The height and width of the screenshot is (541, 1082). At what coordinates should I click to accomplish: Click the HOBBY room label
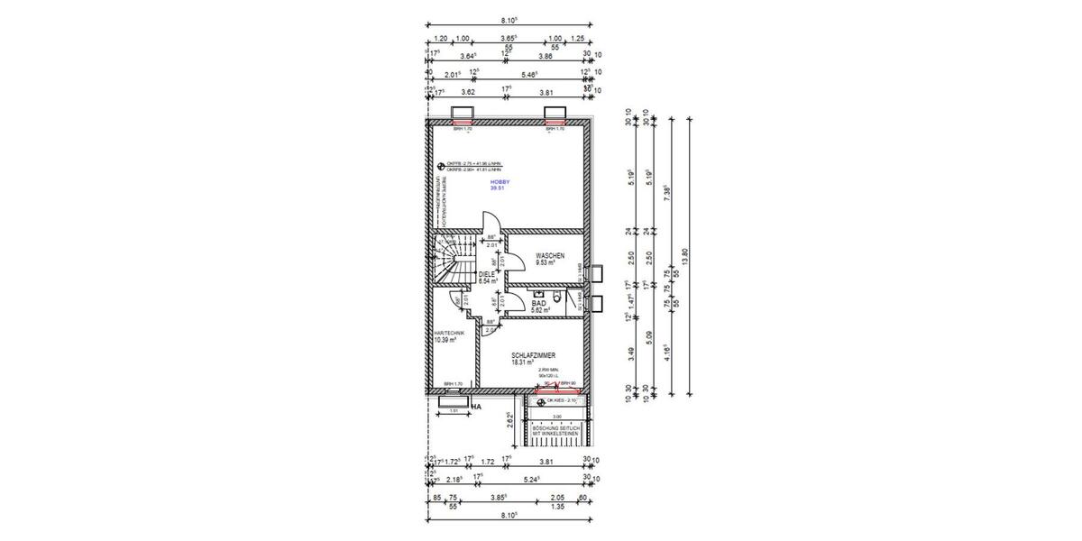pos(500,182)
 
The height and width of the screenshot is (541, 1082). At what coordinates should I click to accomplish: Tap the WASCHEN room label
pos(549,256)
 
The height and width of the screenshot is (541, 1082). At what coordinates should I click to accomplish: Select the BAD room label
pos(539,304)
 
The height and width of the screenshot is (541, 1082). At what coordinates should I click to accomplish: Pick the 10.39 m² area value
pos(445,341)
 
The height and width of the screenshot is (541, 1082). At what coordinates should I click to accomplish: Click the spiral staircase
pos(448,260)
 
